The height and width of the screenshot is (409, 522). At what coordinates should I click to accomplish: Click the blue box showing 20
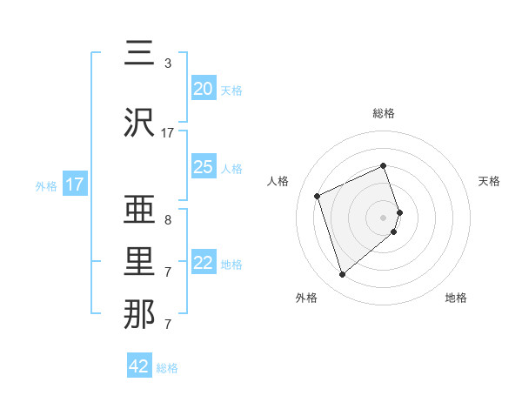tap(204, 89)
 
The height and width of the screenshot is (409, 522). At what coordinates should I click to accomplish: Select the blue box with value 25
tap(204, 167)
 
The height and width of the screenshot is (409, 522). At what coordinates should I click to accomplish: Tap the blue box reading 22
tap(204, 263)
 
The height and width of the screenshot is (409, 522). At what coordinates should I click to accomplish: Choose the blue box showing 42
tap(139, 366)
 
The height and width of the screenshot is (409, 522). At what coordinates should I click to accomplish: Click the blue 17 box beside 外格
tap(75, 184)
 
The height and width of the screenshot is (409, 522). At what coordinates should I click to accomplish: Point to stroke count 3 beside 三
tap(167, 64)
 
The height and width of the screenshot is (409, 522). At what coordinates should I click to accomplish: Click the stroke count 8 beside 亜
tap(167, 220)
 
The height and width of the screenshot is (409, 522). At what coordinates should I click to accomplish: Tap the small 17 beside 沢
tap(168, 133)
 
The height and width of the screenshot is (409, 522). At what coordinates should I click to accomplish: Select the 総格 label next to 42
tap(167, 368)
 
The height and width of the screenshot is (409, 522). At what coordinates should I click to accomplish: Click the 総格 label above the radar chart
tap(384, 113)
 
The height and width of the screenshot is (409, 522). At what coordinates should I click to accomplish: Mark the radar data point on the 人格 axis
tap(318, 196)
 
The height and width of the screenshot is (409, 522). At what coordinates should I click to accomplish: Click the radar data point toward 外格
tap(342, 275)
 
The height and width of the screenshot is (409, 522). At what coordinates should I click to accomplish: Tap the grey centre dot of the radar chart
tap(384, 217)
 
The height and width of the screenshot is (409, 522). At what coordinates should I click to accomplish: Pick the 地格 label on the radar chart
tap(456, 298)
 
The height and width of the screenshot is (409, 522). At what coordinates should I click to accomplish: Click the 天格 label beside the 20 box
tap(231, 91)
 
